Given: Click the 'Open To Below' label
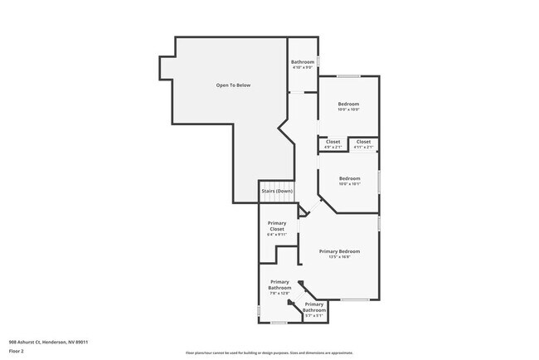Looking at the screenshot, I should click(x=233, y=85).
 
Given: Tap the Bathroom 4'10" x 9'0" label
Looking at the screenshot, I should click(x=302, y=62).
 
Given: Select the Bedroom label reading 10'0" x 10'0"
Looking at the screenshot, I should click(x=348, y=104).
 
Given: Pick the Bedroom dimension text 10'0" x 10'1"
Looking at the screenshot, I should click(x=349, y=184).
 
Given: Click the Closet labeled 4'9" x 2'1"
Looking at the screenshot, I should click(x=333, y=142).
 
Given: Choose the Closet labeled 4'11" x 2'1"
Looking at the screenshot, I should click(x=363, y=142).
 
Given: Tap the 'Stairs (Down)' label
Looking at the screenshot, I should click(x=277, y=192).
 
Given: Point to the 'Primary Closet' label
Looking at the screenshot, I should click(x=276, y=226).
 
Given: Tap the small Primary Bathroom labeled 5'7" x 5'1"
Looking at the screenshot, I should click(x=313, y=308).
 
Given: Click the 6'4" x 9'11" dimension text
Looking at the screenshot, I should click(x=276, y=236).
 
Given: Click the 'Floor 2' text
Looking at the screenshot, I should click(x=17, y=351).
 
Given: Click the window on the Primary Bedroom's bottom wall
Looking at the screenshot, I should click(x=355, y=299).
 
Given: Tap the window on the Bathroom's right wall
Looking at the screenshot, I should click(x=318, y=61).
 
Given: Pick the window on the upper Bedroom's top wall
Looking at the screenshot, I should click(x=348, y=77).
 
